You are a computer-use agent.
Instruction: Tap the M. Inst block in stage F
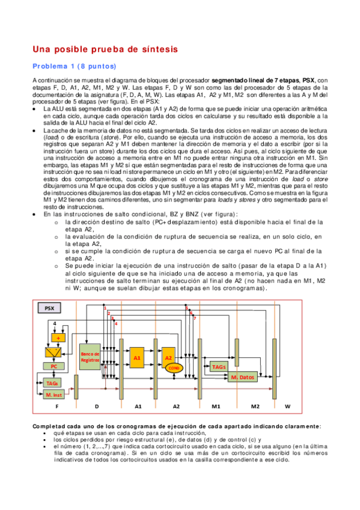pyautogui.click(x=54, y=395)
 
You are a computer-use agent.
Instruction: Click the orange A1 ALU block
pyautogui.click(x=137, y=358)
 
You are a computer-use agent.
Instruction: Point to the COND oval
pyautogui.click(x=174, y=367)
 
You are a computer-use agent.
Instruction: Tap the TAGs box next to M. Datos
pyautogui.click(x=219, y=367)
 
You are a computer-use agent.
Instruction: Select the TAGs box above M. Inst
pyautogui.click(x=52, y=382)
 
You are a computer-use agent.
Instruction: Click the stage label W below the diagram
pyautogui.click(x=287, y=407)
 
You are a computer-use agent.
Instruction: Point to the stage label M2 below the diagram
pyautogui.click(x=255, y=407)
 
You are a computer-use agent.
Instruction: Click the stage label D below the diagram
pyautogui.click(x=96, y=407)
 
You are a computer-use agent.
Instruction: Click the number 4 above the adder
pyautogui.click(x=55, y=323)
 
